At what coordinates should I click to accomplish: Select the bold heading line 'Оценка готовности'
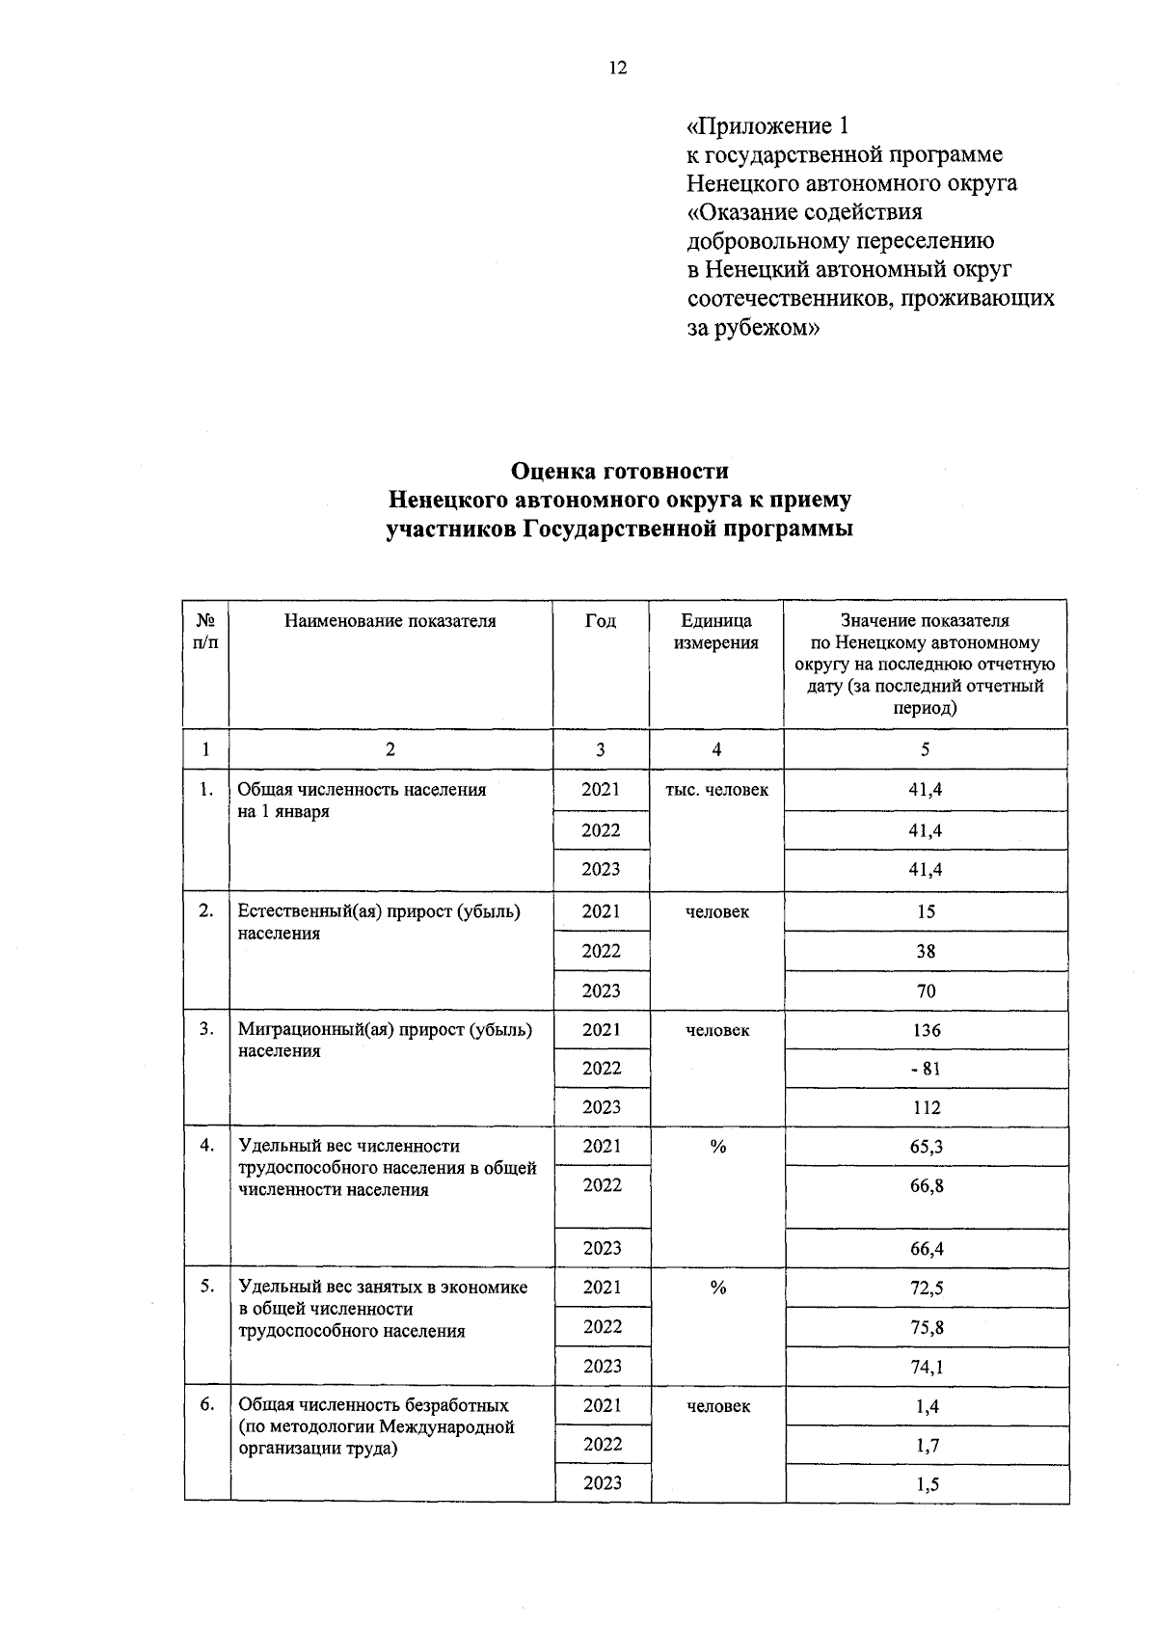click(619, 471)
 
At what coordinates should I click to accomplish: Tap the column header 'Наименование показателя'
click(390, 621)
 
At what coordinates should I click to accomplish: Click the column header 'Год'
click(601, 621)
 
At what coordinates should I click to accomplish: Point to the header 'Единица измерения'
click(715, 632)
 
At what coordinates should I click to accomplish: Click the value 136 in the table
click(926, 1030)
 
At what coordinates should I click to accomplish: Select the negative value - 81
click(926, 1069)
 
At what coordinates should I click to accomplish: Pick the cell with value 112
click(926, 1108)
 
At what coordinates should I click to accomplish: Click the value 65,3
click(926, 1147)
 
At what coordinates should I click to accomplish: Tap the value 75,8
click(926, 1327)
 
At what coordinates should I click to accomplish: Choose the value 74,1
click(926, 1367)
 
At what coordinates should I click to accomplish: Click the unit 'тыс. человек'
click(716, 790)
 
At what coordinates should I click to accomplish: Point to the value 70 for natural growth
click(926, 991)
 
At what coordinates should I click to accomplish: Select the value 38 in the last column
click(926, 951)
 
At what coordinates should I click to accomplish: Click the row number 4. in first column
click(206, 1146)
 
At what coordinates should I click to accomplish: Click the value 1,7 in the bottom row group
click(927, 1445)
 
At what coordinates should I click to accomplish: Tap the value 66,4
click(926, 1249)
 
